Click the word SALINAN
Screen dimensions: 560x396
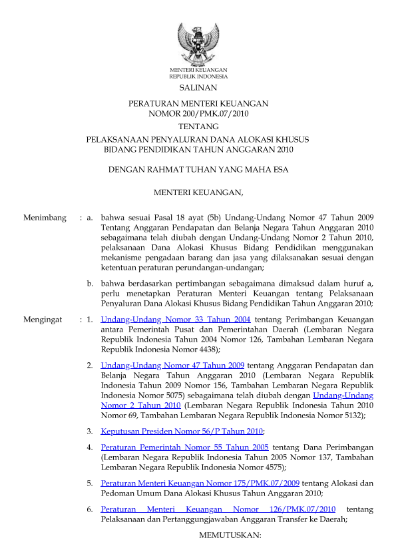coord(198,87)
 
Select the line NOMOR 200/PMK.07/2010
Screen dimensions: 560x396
coord(198,114)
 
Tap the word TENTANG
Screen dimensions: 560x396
coord(198,127)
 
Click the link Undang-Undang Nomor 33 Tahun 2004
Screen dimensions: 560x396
coord(176,320)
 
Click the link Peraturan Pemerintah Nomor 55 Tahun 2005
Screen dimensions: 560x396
coord(185,447)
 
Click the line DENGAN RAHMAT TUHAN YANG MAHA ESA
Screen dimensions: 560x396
coord(198,170)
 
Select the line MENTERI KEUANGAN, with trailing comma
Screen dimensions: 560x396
coord(198,193)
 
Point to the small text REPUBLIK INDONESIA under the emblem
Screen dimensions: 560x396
coord(198,77)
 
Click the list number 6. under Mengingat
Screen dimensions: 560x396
coord(90,509)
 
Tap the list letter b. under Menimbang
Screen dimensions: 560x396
coord(90,284)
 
